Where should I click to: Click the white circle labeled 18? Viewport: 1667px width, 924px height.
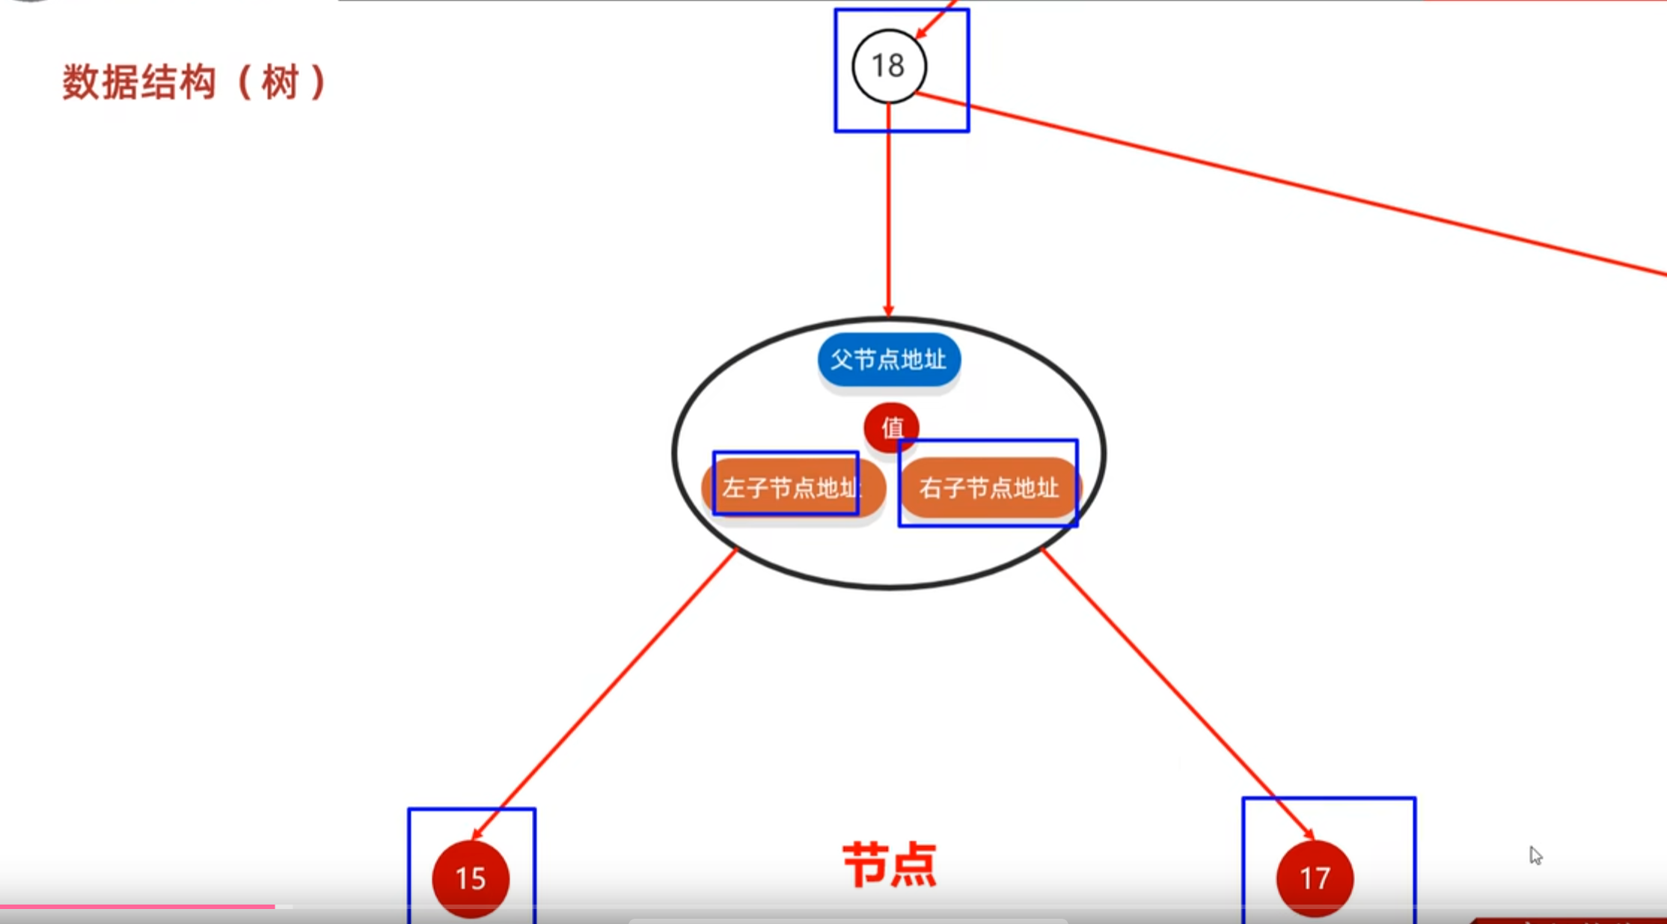(x=889, y=66)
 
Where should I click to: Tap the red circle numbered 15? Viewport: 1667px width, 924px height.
(x=471, y=878)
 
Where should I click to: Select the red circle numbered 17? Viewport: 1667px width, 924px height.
(x=1315, y=878)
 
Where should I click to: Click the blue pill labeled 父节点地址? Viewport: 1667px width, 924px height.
(x=889, y=360)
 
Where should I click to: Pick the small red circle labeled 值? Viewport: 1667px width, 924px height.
(x=891, y=428)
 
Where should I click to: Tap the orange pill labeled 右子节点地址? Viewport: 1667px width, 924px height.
(x=988, y=488)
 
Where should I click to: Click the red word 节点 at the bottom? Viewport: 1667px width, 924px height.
(x=890, y=865)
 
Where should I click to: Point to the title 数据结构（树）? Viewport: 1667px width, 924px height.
(x=195, y=82)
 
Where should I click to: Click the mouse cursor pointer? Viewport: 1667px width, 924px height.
(x=1535, y=855)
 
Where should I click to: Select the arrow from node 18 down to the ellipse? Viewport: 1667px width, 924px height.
(x=889, y=209)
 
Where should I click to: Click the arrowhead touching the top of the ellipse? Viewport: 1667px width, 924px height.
(x=889, y=310)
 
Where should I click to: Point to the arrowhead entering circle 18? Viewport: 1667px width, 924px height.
(x=923, y=31)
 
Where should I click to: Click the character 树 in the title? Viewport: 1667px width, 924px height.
(x=281, y=82)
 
